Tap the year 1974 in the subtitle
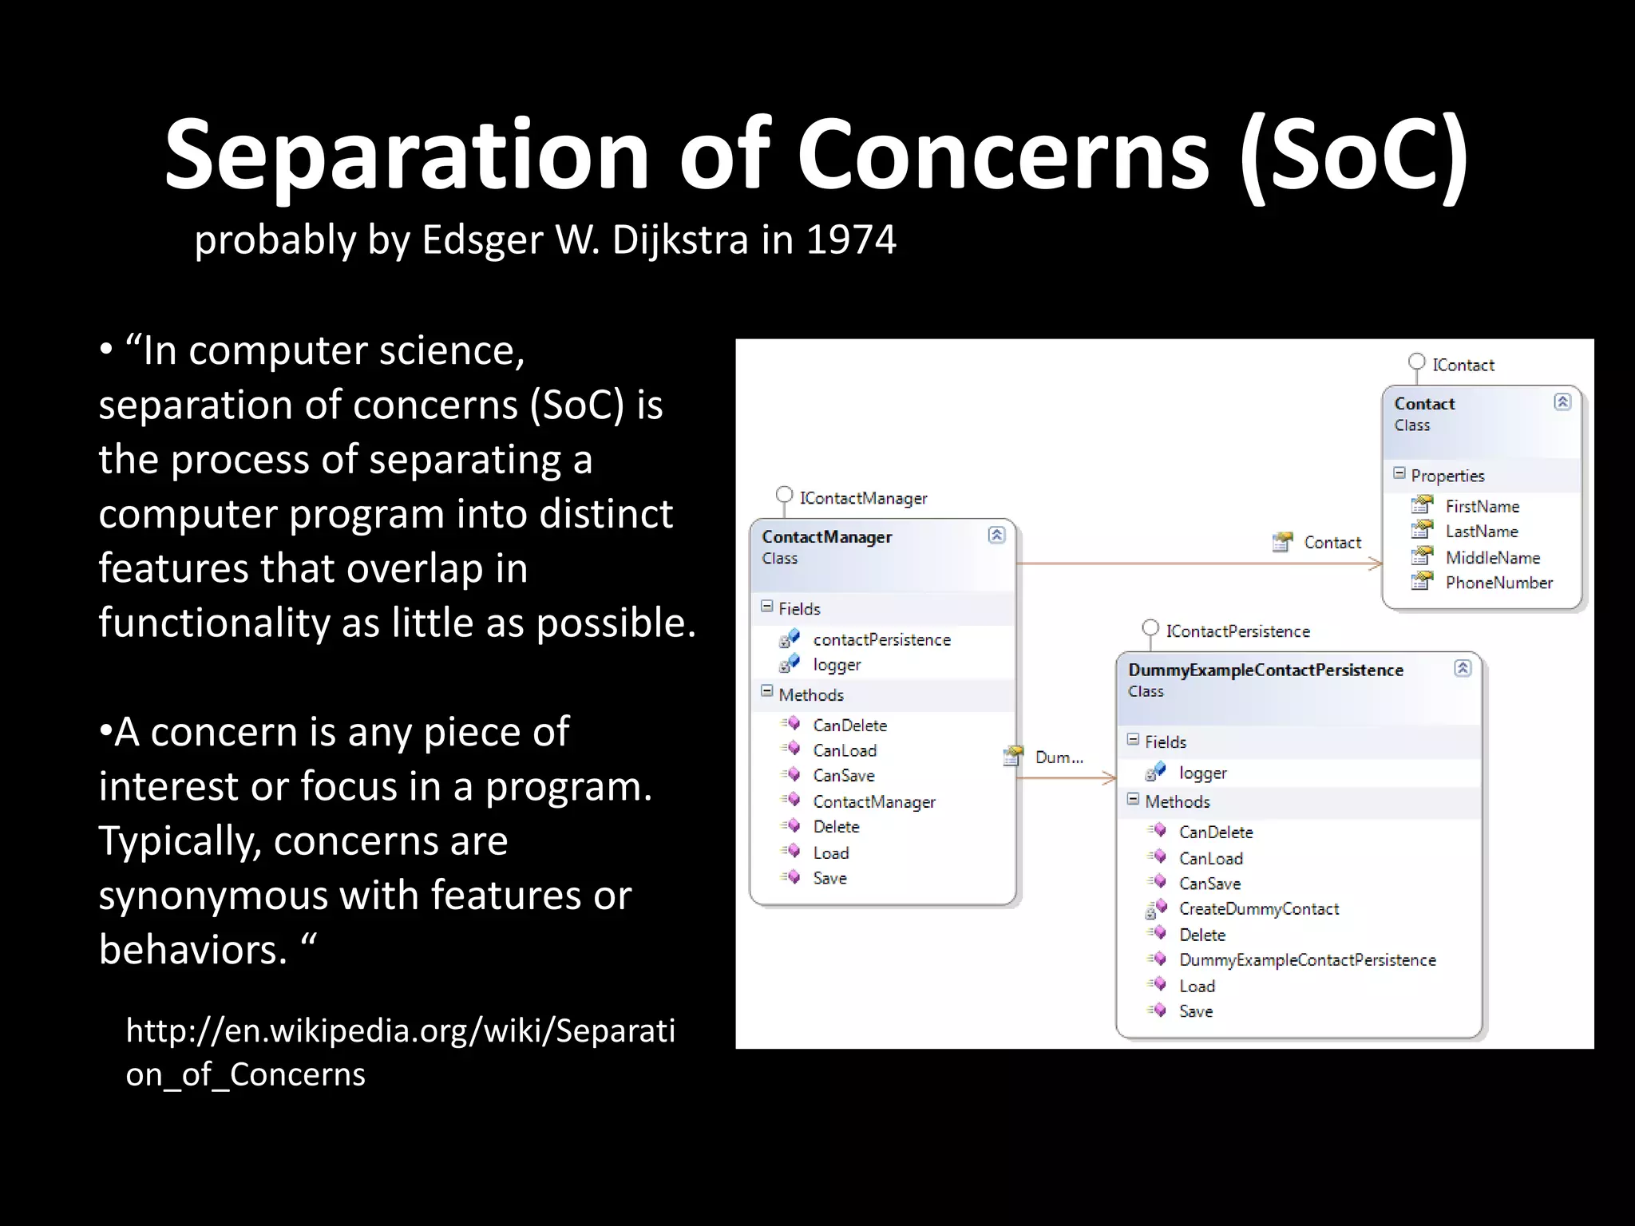[851, 239]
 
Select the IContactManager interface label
[863, 498]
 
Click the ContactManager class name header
[826, 536]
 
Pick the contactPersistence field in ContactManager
[881, 639]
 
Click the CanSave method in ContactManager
[843, 775]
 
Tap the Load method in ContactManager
[830, 852]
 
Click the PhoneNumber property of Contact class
[1498, 583]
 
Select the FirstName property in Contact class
[1482, 506]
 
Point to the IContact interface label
[1463, 365]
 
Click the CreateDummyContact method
[1258, 908]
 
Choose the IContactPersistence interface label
[1237, 631]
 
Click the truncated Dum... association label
[1059, 757]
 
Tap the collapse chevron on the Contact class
[1562, 401]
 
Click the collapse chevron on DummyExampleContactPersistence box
[1463, 668]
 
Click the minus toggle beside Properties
[1399, 473]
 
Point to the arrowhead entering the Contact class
[1376, 564]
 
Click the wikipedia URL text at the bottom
[399, 1052]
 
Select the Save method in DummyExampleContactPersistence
[1195, 1011]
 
